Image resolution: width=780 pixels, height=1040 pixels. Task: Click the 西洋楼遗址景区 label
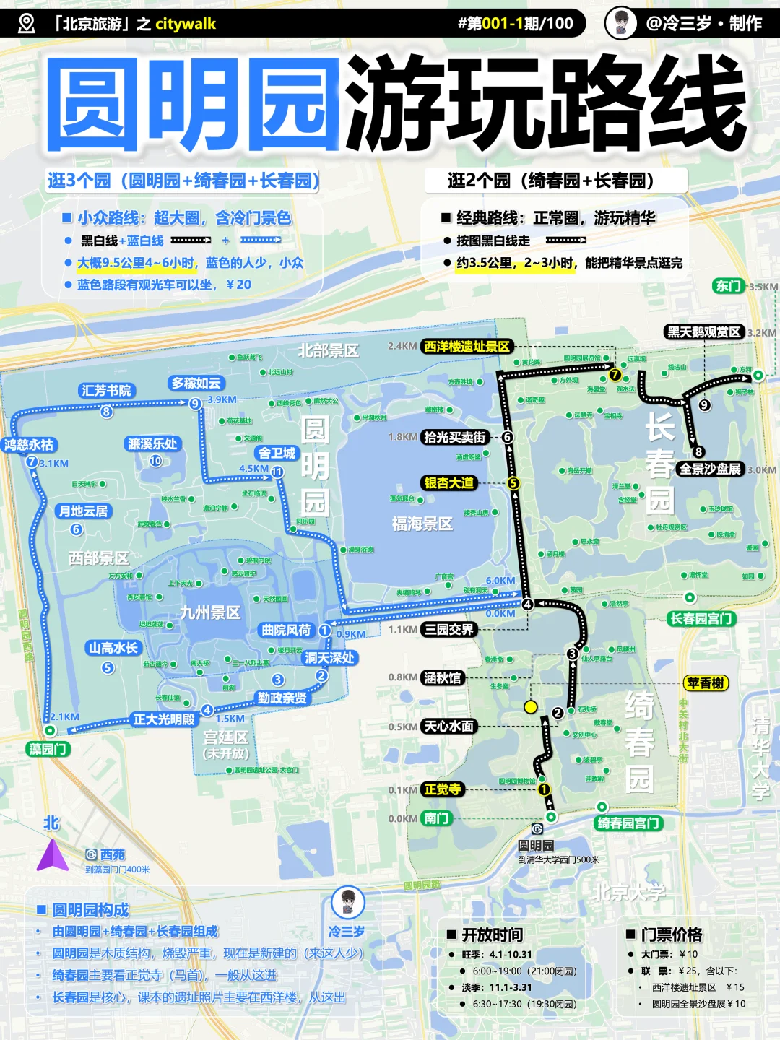tap(467, 347)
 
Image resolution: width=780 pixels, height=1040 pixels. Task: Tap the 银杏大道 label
tap(448, 483)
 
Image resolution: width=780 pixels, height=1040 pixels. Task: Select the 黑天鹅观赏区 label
tap(703, 332)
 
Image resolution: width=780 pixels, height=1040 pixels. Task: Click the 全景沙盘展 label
tap(710, 469)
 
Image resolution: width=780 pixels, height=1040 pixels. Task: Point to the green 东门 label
tap(728, 286)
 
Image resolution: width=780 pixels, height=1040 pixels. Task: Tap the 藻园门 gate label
tap(48, 749)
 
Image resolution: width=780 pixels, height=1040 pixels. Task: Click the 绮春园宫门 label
tap(628, 823)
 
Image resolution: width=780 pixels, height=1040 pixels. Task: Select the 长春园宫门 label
tap(701, 618)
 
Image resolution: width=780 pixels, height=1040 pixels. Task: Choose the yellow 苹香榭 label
tap(706, 683)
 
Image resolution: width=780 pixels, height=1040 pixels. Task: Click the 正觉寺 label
tap(442, 789)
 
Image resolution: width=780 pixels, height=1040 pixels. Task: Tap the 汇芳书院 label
tap(106, 391)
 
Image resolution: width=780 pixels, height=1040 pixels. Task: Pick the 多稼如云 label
tap(196, 383)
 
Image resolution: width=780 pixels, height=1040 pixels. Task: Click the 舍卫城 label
tap(277, 454)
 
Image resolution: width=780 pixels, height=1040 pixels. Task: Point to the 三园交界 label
tap(448, 630)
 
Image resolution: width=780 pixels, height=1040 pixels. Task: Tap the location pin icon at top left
tap(26, 24)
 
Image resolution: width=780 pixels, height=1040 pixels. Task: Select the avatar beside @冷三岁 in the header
tap(620, 23)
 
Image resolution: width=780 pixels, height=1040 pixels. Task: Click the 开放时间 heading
tap(492, 935)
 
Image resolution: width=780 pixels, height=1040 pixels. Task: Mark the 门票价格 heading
tap(672, 935)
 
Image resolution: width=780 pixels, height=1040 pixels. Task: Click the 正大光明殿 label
tap(164, 719)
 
